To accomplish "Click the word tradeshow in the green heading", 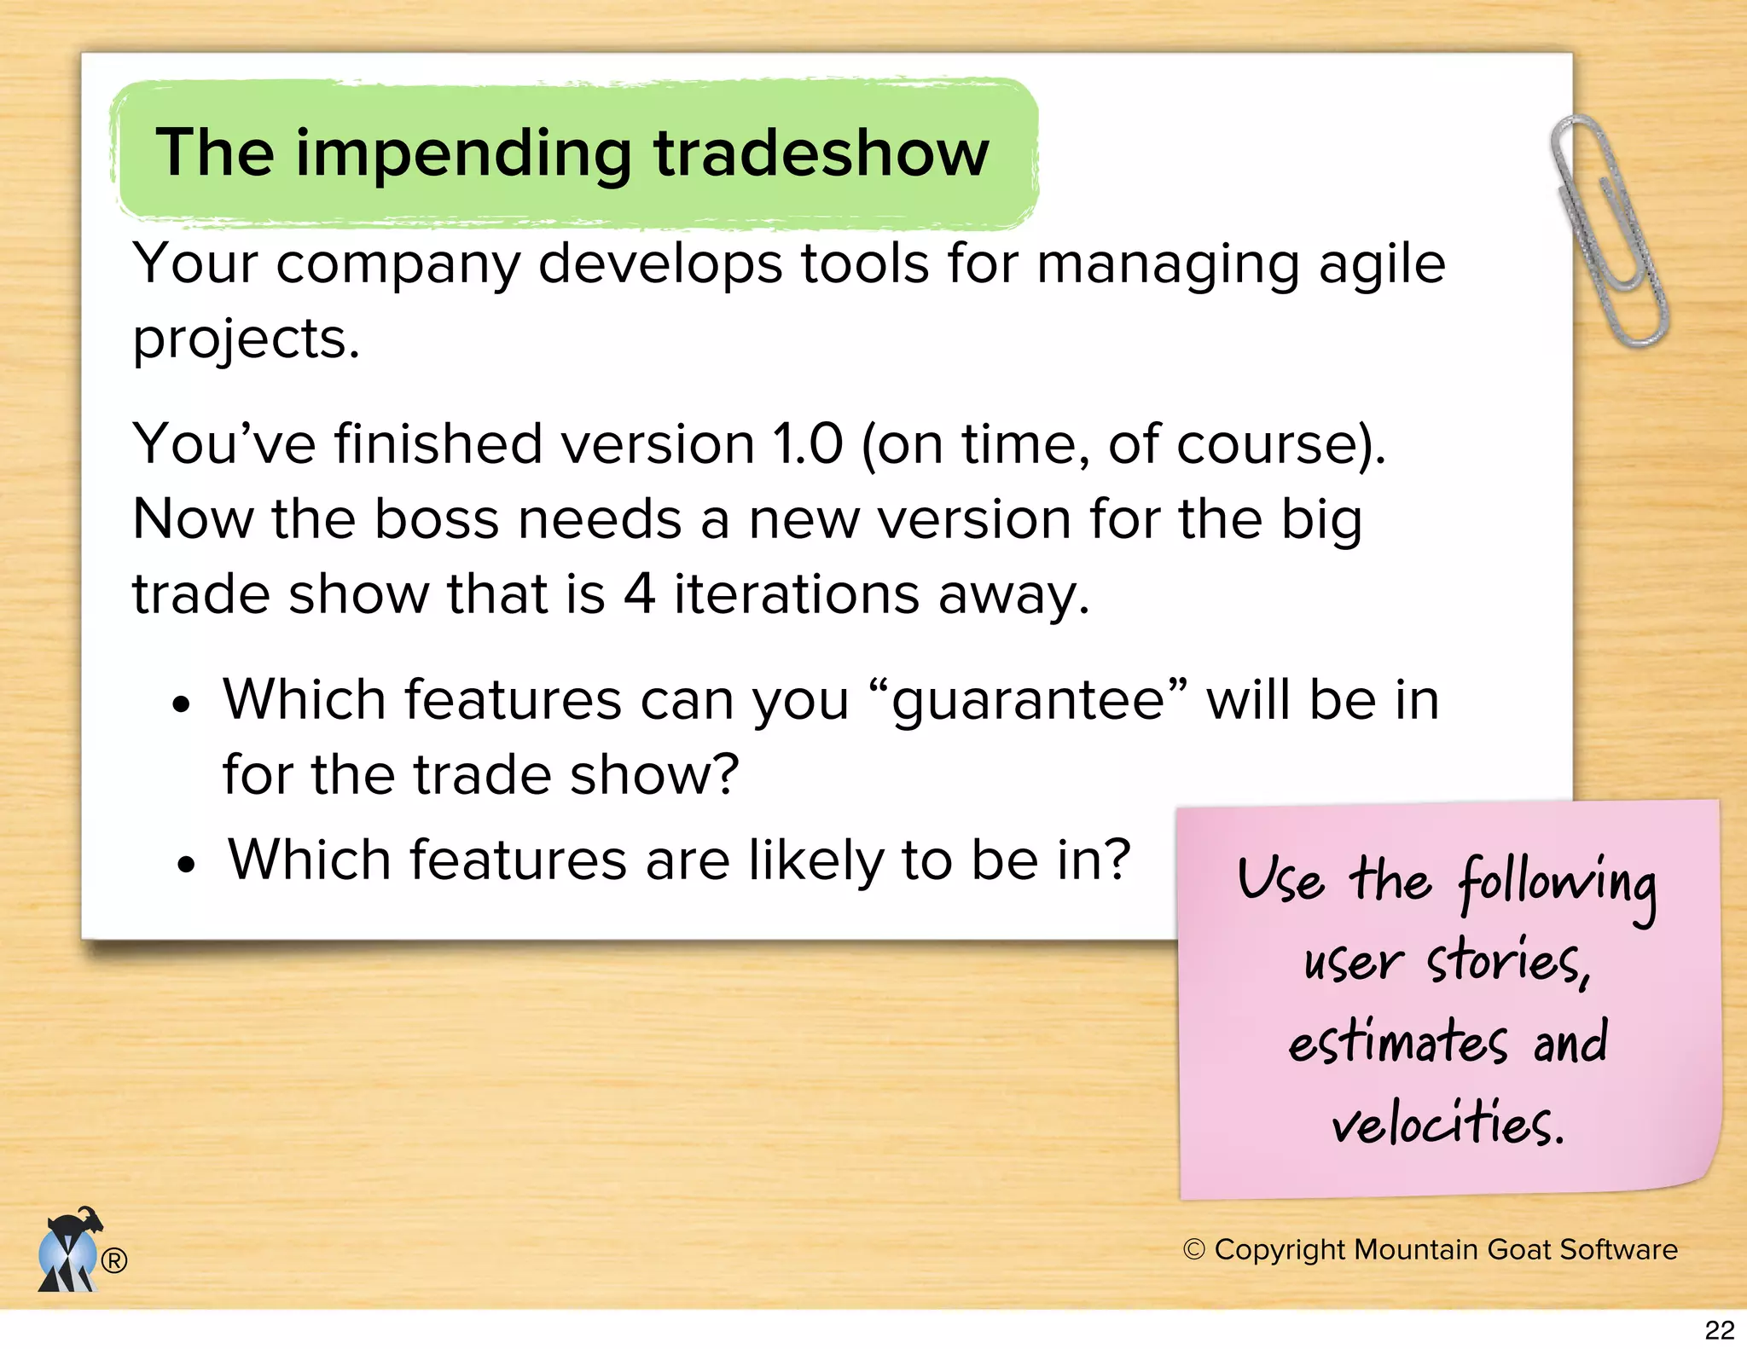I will coord(821,153).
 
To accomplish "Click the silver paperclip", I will coord(1607,230).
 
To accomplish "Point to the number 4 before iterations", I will coord(639,593).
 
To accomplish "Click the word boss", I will coord(436,519).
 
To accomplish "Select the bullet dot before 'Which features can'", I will coord(180,706).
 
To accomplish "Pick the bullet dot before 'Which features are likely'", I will coord(186,866).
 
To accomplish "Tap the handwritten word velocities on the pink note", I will coord(1448,1123).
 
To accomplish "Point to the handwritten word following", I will coord(1557,884).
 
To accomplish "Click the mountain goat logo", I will coord(70,1250).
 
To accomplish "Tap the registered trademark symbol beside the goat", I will coord(114,1260).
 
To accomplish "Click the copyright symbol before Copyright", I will coord(1194,1250).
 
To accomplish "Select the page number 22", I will coord(1720,1330).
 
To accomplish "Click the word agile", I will coord(1382,264).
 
